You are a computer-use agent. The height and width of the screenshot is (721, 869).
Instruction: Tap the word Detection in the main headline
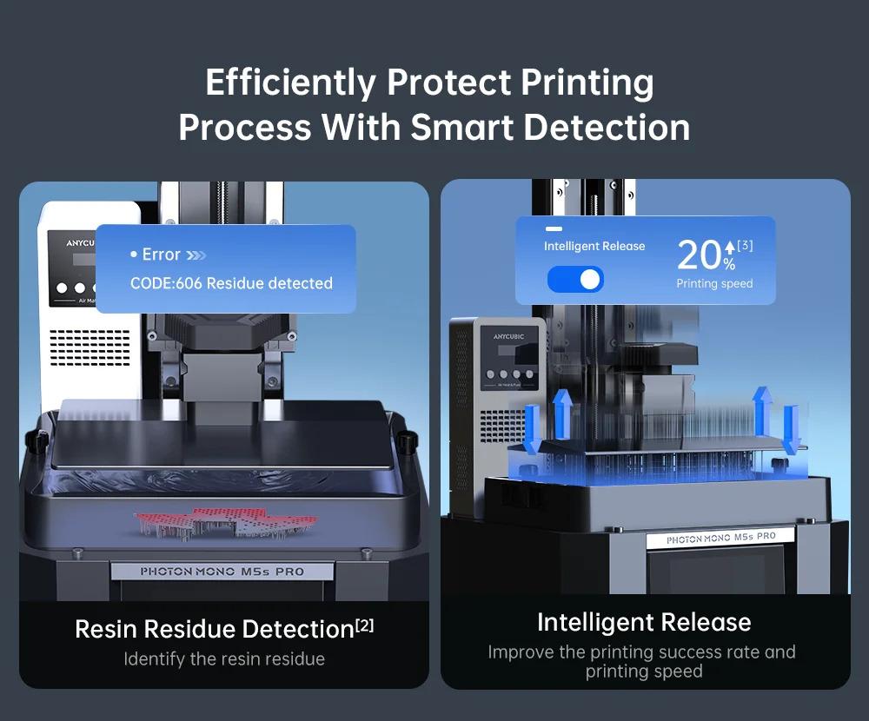coord(607,127)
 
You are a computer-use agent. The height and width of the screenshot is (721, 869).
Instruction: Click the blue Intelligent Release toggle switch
coord(575,279)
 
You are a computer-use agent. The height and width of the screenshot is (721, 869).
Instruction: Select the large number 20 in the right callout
coord(699,255)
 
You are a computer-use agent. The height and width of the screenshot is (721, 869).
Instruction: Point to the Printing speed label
coord(714,284)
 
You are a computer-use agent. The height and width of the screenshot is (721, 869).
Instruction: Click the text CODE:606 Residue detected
coord(231,283)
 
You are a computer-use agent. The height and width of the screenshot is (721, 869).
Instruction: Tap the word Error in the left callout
coord(161,255)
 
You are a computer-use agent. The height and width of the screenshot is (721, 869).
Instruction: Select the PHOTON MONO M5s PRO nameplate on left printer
coord(222,572)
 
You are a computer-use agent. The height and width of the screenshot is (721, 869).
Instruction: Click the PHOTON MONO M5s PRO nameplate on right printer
coord(720,539)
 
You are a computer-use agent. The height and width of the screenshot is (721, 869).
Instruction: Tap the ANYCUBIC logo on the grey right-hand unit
coord(497,335)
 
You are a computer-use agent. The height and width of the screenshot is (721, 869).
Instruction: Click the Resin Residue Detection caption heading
coord(214,629)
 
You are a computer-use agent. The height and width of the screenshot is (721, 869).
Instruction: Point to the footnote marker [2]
coord(364,624)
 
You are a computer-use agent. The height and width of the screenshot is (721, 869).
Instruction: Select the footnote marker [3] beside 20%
coord(745,246)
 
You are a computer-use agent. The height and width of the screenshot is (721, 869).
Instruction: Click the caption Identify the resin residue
coord(224,659)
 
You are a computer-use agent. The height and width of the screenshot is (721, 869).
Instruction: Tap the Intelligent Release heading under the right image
coord(644,622)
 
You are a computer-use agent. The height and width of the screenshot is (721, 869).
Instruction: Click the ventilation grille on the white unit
coord(90,345)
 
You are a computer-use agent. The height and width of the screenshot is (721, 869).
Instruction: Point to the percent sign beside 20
coord(728,264)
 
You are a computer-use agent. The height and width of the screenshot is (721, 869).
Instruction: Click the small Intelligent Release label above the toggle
coord(594,246)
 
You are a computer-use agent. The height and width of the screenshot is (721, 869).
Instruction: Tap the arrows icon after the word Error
coord(196,255)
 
